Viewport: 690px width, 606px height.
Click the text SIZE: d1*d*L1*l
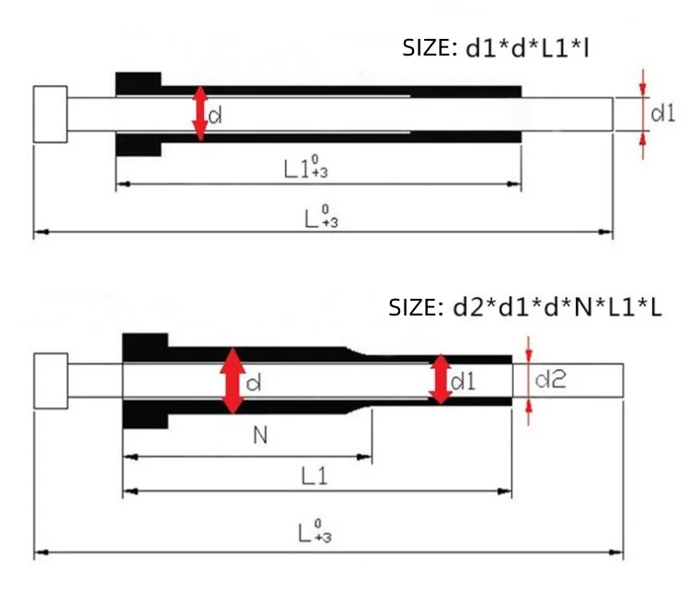point(496,48)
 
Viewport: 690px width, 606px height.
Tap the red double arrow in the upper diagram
point(199,114)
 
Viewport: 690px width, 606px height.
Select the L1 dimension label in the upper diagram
point(307,169)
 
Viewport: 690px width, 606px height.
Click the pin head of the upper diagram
point(50,114)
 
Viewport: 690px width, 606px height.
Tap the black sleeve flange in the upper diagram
point(138,114)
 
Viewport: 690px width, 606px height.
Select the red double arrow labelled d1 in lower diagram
point(441,379)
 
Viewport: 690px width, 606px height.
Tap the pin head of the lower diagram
point(50,380)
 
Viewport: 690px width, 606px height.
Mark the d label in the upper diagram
point(214,116)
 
